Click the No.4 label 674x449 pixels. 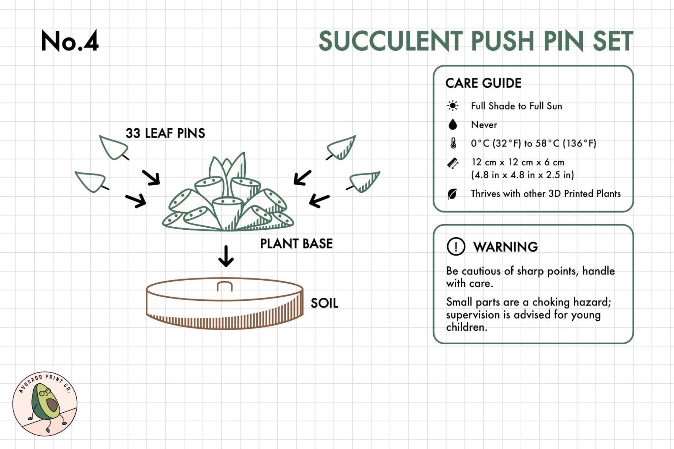click(x=70, y=41)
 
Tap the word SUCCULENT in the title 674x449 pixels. click(x=391, y=41)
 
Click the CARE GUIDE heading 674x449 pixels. click(x=483, y=83)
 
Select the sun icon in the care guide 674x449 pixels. click(x=453, y=106)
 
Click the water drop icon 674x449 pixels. click(x=453, y=125)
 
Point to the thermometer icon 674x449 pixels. click(x=453, y=143)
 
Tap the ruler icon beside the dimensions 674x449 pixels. click(x=453, y=163)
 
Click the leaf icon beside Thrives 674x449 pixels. click(x=452, y=194)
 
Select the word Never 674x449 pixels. click(x=484, y=125)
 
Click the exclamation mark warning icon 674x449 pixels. click(x=456, y=247)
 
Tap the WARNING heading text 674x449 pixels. click(x=506, y=247)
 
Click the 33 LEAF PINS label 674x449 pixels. click(x=165, y=133)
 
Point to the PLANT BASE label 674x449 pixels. click(x=296, y=244)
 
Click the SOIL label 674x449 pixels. click(x=324, y=303)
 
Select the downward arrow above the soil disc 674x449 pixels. click(x=226, y=256)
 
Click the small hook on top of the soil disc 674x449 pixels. click(x=224, y=286)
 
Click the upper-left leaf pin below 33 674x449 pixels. click(x=113, y=147)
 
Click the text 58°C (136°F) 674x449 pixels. click(x=566, y=143)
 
